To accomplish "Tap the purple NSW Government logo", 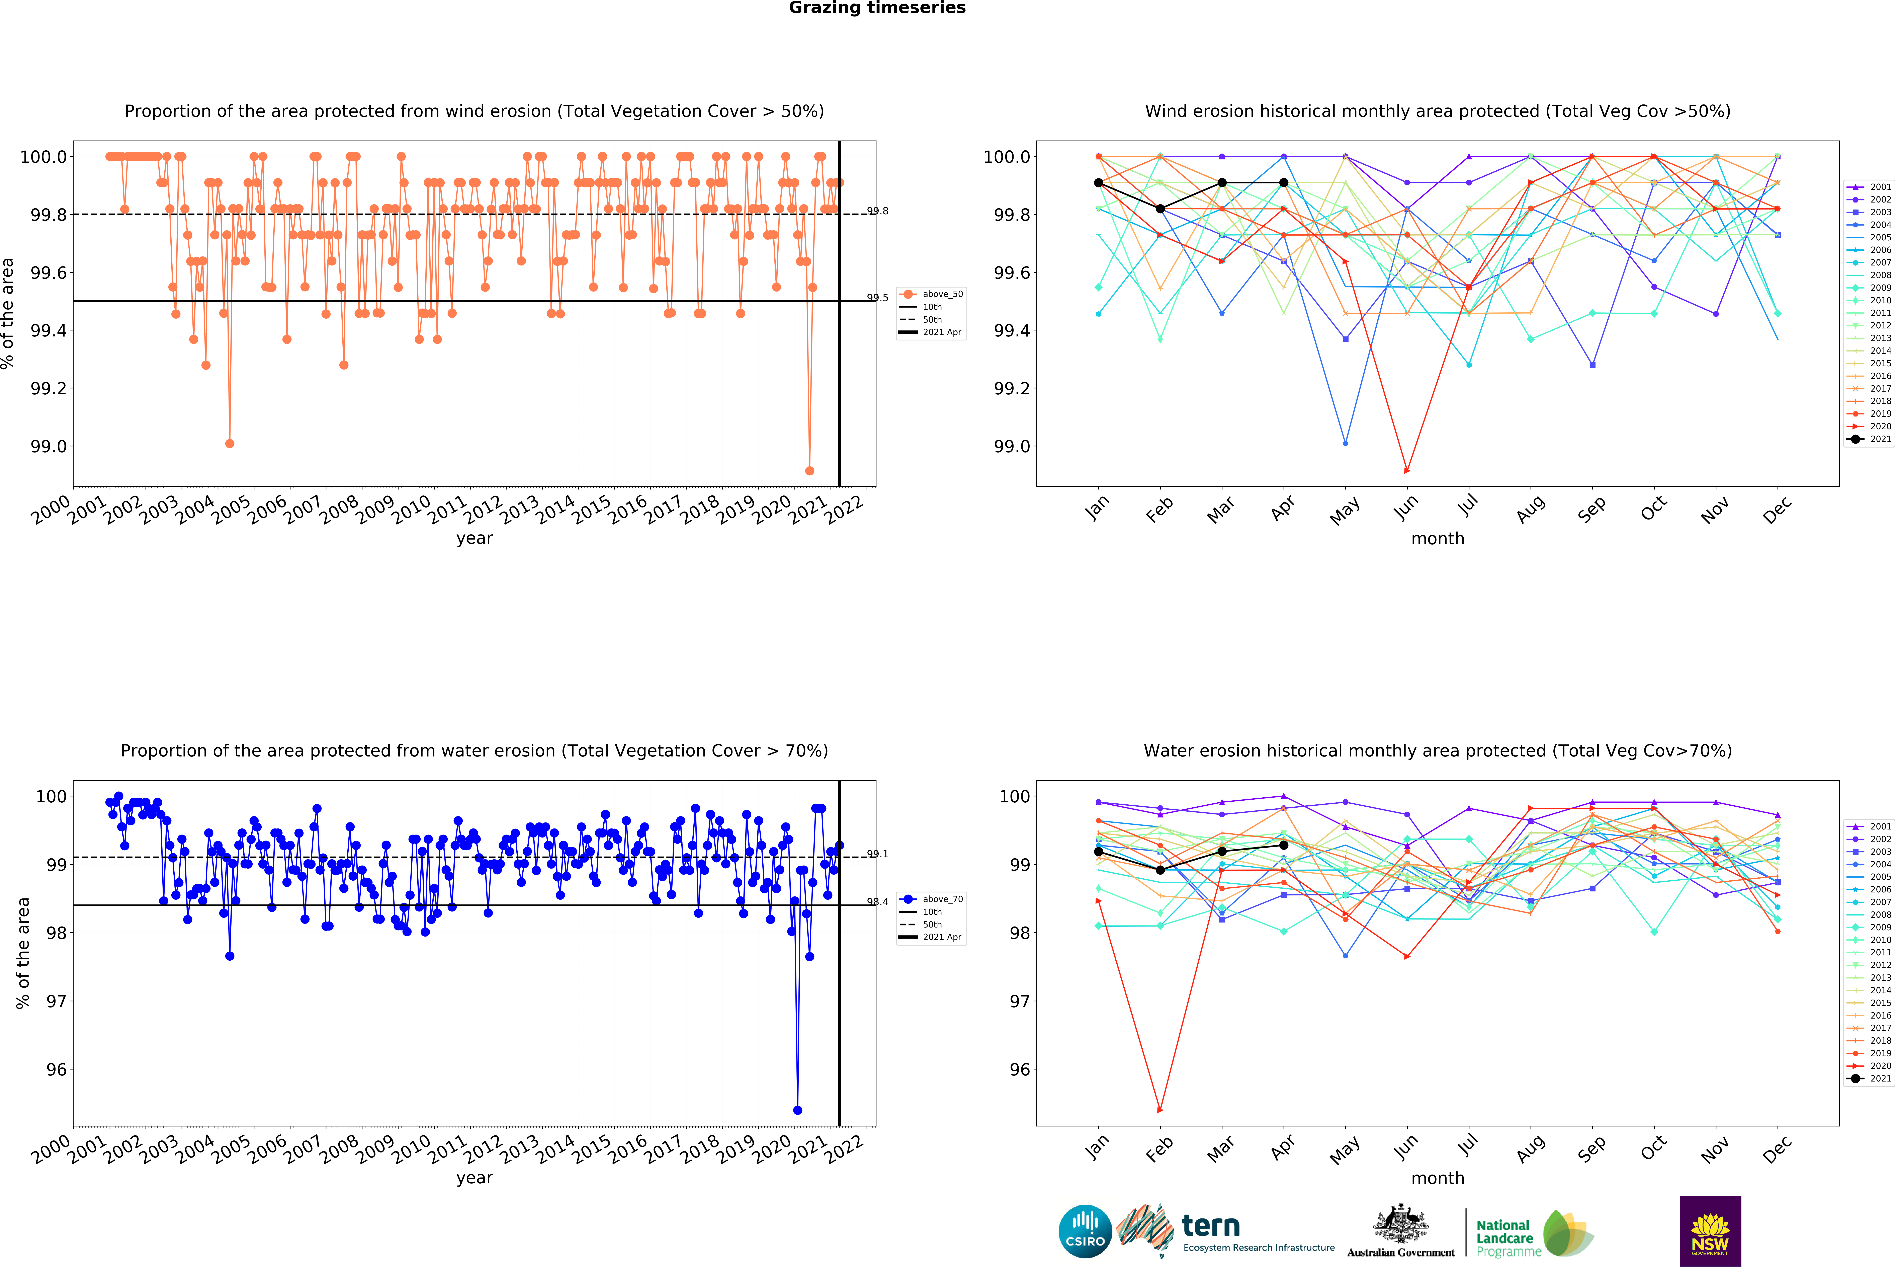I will click(x=1710, y=1231).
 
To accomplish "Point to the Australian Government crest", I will click(x=1400, y=1223).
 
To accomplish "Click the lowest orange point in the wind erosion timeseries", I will click(x=809, y=471).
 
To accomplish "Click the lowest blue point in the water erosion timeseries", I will click(x=797, y=1110).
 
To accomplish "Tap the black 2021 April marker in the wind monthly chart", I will click(x=1283, y=183).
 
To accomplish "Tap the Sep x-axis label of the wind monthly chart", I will click(x=1591, y=509).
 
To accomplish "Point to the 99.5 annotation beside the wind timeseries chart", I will click(x=877, y=298).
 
